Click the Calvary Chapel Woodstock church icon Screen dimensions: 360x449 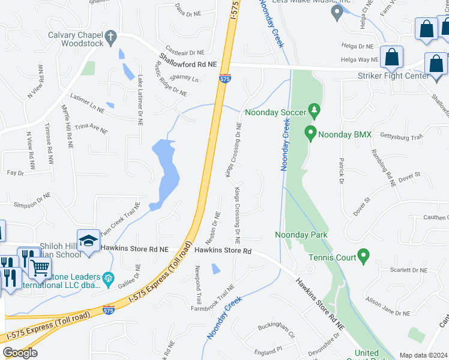coord(110,38)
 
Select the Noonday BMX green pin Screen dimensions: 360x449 coord(310,132)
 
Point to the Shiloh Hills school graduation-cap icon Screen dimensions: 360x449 coord(88,240)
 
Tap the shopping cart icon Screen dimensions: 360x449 coord(40,268)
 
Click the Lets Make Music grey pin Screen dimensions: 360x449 coord(337,13)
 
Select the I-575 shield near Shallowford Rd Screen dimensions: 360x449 coord(223,79)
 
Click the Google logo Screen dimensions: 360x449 coord(20,353)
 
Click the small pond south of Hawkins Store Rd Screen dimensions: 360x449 coord(215,268)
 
